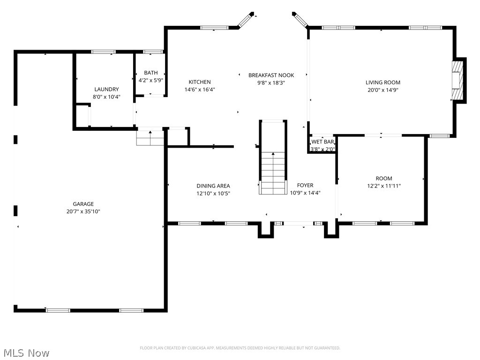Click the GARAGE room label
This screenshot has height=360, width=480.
83,204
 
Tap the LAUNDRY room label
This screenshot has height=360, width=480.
106,89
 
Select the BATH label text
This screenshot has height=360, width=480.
150,73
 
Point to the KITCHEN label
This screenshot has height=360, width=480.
200,82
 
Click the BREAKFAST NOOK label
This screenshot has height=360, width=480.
271,75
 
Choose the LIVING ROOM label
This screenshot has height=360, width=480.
383,82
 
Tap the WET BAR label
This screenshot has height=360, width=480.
322,142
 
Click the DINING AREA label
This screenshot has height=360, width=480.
213,186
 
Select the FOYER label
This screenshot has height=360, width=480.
305,185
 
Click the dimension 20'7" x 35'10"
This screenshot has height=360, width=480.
83,211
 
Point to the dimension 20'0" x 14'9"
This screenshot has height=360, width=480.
383,90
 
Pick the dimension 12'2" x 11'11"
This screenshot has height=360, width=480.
383,186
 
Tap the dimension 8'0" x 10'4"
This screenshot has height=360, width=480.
106,97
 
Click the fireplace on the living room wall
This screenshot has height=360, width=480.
457,80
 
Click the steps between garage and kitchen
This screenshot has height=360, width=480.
150,139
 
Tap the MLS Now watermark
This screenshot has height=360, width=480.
26,352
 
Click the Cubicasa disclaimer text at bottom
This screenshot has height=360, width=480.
240,348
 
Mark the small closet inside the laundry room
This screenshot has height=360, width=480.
82,115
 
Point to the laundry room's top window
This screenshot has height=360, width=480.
103,52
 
